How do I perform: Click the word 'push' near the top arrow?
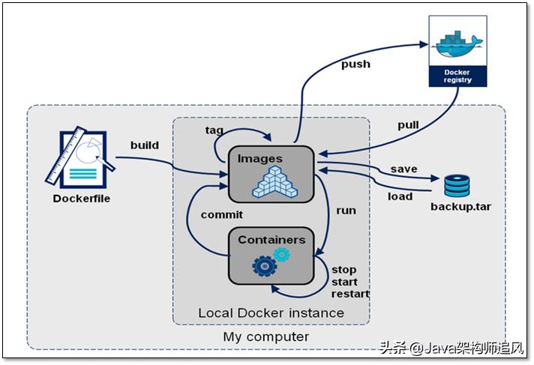point(355,64)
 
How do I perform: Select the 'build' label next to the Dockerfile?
point(144,145)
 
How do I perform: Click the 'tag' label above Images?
point(214,130)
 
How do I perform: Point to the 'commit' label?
point(221,214)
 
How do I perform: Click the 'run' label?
point(346,210)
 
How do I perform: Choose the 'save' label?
point(403,169)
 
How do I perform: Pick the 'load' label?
point(400,197)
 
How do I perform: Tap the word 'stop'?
point(343,269)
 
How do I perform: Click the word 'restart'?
point(350,294)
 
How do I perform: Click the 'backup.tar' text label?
point(460,206)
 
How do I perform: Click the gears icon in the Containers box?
point(271,262)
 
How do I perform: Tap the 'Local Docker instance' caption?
point(271,313)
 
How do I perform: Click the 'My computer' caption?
point(265,337)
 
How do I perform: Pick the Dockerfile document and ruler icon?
point(80,159)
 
